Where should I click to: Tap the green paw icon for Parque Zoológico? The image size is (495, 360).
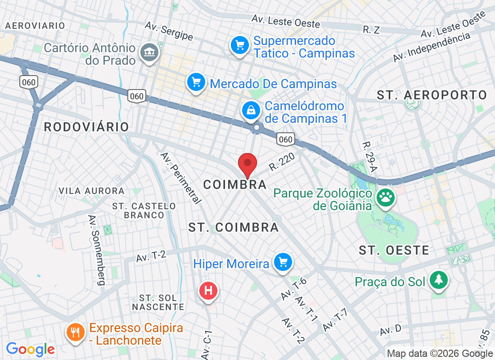[x=386, y=197]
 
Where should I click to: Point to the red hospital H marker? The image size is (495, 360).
[x=208, y=291]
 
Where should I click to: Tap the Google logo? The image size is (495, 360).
[x=30, y=349]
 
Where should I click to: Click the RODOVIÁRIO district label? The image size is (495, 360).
[x=86, y=127]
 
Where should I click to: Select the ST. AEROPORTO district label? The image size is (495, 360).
[x=432, y=95]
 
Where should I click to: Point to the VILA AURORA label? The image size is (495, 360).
[x=91, y=191]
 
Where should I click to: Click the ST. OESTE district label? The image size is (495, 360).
[x=394, y=251]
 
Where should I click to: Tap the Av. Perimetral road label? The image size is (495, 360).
[x=180, y=178]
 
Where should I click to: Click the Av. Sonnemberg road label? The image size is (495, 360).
[x=96, y=250]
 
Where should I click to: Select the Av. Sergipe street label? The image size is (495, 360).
[x=169, y=31]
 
